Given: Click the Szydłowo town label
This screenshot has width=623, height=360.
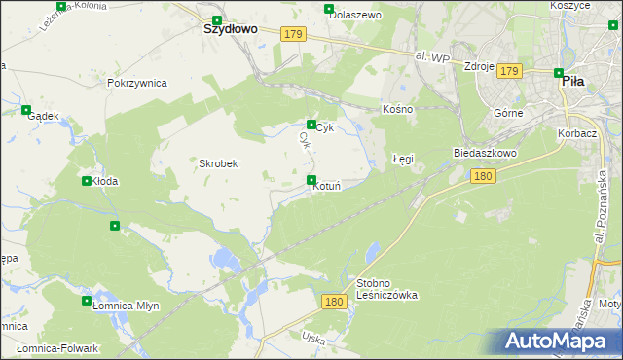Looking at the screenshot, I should coord(230,29).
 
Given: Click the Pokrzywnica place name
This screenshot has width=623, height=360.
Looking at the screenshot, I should coord(137,83).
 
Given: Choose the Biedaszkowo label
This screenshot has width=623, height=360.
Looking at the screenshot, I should coord(485,154).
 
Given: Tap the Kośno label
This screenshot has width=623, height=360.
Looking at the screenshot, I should coord(398,109).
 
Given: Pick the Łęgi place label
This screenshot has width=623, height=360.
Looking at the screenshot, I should coord(403,157).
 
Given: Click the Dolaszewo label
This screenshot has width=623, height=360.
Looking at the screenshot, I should coord(354,16).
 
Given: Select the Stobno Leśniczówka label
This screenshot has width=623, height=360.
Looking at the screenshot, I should coord(387,288).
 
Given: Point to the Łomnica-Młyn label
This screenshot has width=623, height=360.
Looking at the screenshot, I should coord(120,305).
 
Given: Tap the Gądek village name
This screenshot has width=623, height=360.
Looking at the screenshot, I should coord(44,116).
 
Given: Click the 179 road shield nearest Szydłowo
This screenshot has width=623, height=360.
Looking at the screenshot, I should coord(294,34).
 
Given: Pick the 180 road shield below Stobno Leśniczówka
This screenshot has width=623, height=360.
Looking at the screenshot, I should coord(333,302).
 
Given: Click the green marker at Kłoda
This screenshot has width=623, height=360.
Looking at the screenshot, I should coord(87,181).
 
